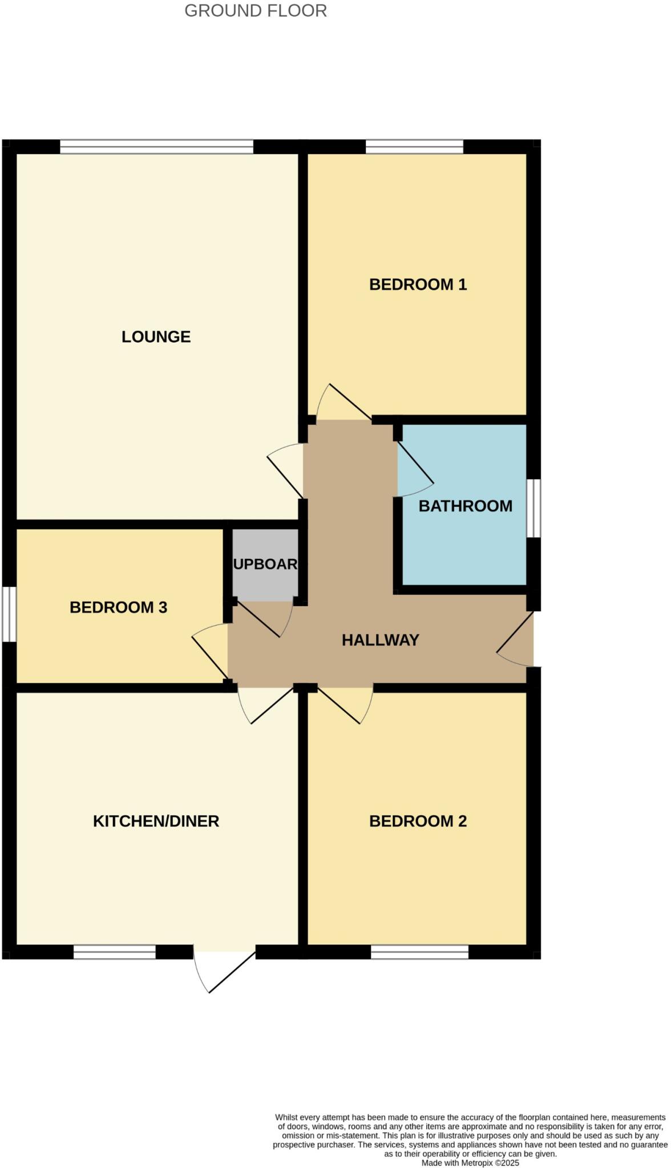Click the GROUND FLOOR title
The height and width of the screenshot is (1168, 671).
[256, 11]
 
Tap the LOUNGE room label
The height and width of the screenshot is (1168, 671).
[156, 336]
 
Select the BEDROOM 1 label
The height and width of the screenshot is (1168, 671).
[418, 284]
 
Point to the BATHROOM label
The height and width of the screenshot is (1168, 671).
[465, 506]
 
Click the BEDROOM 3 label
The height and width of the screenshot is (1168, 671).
[118, 607]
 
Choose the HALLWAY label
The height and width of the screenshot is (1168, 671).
[380, 640]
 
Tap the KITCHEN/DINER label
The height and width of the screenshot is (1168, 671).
[156, 821]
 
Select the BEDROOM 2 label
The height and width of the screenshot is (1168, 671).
[418, 821]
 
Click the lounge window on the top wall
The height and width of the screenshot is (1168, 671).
[156, 147]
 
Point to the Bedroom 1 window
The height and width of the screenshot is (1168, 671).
[414, 147]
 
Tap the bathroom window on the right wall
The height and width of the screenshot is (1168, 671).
[533, 508]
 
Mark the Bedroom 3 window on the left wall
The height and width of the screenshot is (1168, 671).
[9, 614]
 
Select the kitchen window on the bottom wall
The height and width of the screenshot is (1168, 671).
[114, 952]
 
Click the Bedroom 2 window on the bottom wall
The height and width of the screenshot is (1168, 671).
[419, 952]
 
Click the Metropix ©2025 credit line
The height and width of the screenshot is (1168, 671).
[470, 1162]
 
